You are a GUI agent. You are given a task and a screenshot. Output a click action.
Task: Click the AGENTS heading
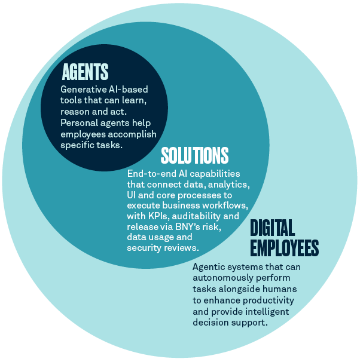[86, 72]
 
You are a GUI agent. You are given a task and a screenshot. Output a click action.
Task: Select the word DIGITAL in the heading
[272, 228]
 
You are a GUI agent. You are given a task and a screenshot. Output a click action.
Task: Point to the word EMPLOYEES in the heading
[284, 248]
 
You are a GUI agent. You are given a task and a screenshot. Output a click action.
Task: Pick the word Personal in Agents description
[78, 122]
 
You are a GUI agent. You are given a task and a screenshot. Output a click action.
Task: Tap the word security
[145, 249]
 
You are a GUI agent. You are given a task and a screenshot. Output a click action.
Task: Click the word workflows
[216, 206]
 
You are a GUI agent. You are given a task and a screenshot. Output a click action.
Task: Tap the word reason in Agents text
[77, 112]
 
